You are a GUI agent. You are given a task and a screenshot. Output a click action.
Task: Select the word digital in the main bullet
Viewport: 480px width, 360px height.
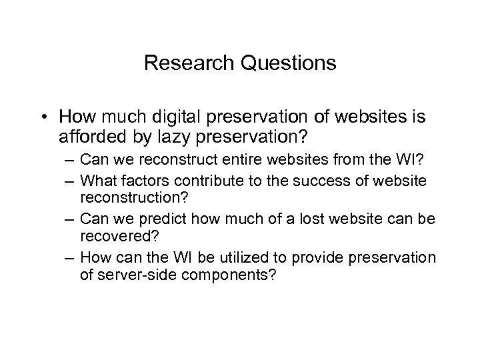[175, 117]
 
